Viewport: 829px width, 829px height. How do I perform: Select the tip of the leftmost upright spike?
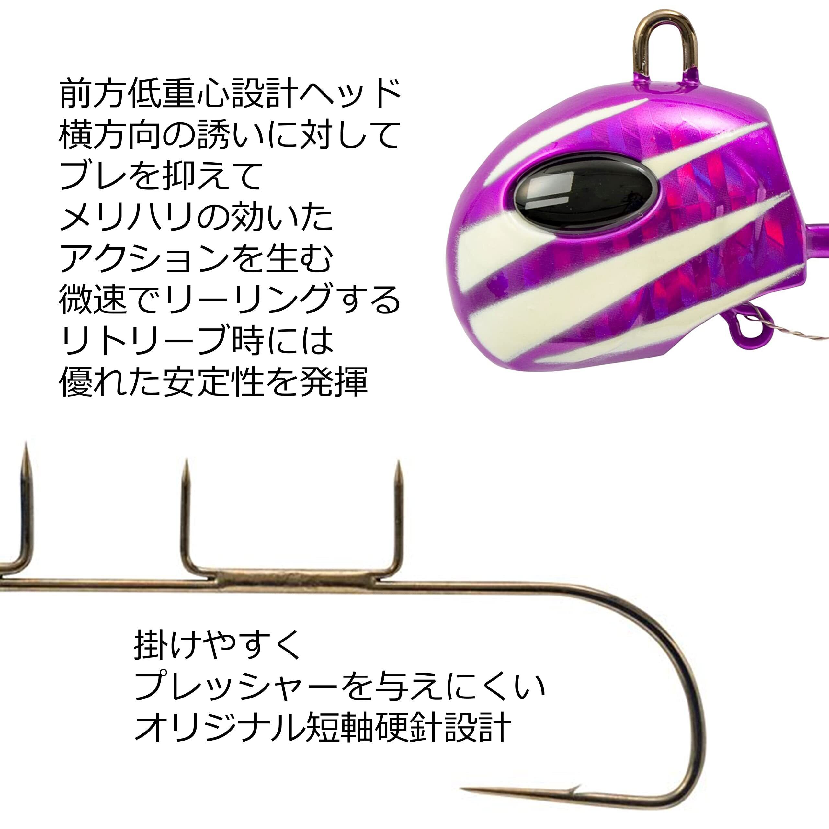[26, 445]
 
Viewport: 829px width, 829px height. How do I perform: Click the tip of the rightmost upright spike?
[399, 464]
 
